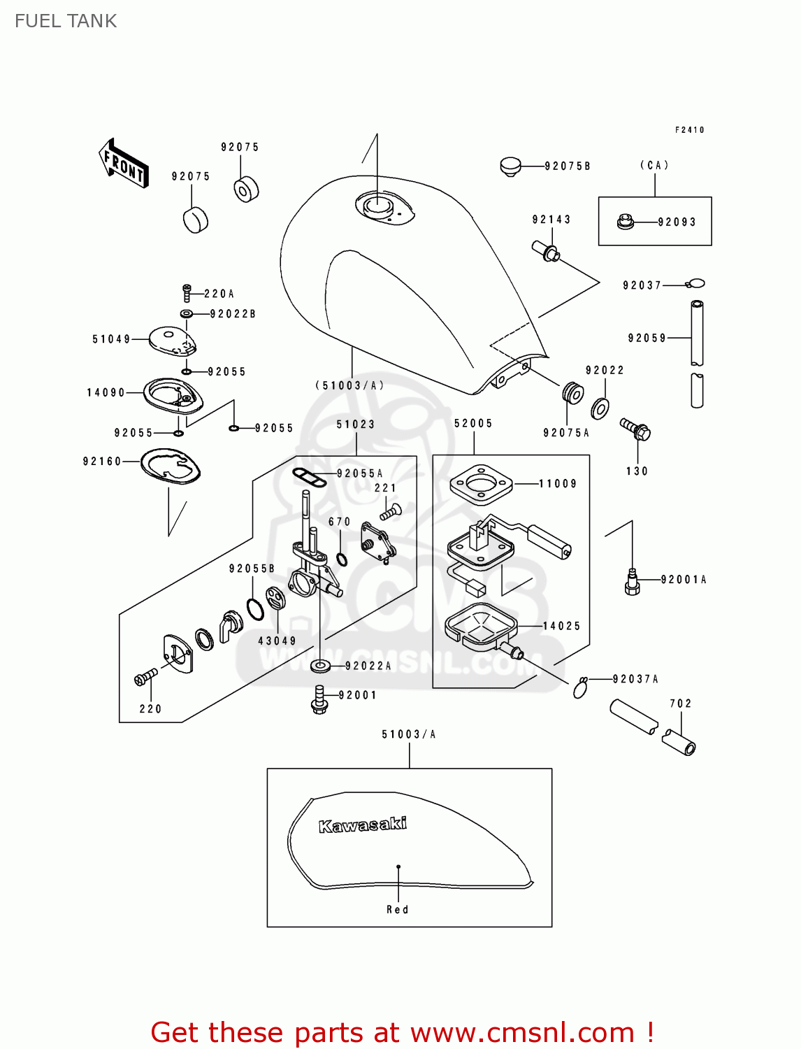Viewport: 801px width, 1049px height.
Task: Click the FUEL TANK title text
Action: [x=66, y=21]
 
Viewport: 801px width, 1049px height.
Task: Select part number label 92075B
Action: [x=567, y=166]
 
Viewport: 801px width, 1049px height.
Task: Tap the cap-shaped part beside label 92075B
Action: [x=511, y=166]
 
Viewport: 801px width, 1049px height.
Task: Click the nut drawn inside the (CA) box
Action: [x=625, y=222]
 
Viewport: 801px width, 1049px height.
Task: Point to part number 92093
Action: [x=677, y=222]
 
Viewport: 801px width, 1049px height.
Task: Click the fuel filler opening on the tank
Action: [x=376, y=206]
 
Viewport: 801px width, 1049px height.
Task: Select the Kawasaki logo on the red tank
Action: [x=362, y=825]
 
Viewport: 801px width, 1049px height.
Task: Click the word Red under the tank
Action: [x=398, y=910]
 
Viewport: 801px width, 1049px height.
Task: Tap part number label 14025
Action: [x=561, y=627]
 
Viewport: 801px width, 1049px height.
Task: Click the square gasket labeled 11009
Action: [x=481, y=483]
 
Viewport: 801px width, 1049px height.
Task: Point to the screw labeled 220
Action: [x=145, y=678]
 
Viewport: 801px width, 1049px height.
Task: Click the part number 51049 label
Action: [x=111, y=340]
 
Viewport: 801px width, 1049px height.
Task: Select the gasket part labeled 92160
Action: [x=171, y=465]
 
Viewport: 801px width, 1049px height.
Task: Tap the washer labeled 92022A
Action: [x=320, y=665]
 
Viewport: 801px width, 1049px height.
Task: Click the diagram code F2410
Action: [x=689, y=130]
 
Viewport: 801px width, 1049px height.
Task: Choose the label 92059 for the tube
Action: [x=647, y=338]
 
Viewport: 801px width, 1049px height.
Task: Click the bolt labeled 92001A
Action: [x=632, y=582]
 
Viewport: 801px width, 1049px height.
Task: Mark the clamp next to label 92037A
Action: [x=580, y=688]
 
